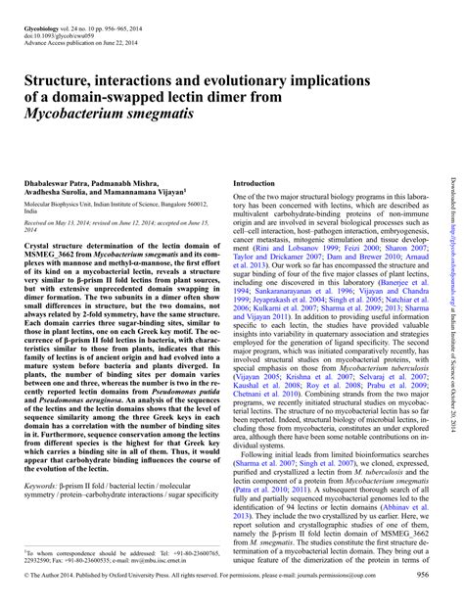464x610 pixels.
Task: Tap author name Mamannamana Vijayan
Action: click(156, 193)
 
